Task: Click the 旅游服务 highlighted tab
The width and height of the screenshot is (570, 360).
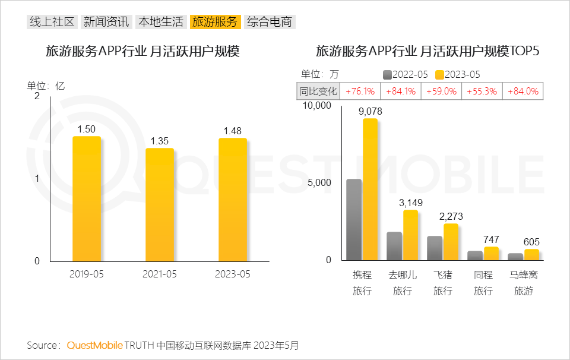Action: pos(216,23)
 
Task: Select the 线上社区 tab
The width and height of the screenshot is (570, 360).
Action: pos(52,23)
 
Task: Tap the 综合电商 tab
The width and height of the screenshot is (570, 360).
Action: pos(270,23)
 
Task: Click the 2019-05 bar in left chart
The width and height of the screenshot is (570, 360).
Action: pos(87,199)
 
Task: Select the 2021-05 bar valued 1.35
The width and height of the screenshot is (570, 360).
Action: pos(160,205)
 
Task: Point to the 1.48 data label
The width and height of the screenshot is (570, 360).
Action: pos(232,131)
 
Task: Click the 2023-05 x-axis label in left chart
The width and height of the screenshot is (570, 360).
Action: pos(233,274)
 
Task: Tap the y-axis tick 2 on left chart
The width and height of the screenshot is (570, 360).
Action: pos(37,96)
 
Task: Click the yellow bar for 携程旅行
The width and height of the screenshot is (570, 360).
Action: pos(370,190)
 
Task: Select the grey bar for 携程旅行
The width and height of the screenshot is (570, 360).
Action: pos(354,220)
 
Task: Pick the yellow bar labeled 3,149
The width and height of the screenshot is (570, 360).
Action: pos(410,235)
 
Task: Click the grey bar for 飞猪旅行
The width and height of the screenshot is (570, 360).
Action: pos(435,248)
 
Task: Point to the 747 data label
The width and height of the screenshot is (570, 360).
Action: pos(491,239)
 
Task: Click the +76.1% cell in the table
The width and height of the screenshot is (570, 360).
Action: pos(360,91)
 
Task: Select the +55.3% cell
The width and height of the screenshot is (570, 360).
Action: pos(482,91)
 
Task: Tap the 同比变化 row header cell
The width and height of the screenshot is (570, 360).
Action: pos(318,91)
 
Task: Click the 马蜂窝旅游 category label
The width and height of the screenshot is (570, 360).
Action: pos(523,283)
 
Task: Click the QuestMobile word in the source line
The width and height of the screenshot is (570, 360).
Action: pos(94,345)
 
